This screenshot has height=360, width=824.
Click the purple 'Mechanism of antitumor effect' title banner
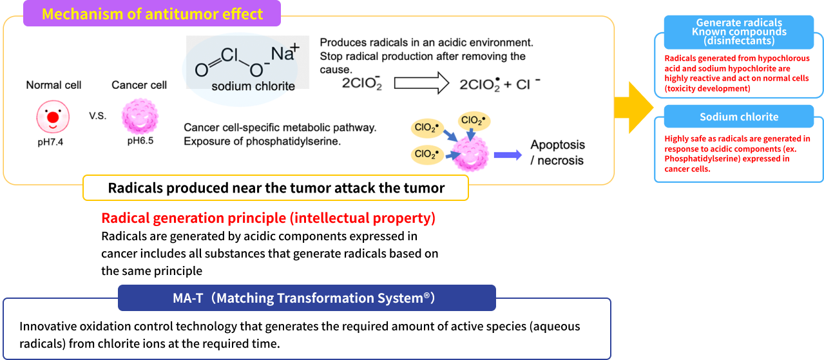[152, 14]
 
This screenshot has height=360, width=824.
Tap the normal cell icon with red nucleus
[53, 117]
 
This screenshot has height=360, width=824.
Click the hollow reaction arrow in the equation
[421, 83]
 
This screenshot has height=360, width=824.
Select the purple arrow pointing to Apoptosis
[508, 155]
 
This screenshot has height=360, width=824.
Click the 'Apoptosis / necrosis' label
[557, 153]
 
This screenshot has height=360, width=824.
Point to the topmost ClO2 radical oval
[474, 120]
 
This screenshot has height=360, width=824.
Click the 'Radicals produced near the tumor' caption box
[276, 188]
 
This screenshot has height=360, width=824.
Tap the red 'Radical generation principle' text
[268, 218]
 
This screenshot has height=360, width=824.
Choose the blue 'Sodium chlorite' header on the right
[738, 117]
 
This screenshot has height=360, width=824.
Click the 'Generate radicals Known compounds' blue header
[738, 32]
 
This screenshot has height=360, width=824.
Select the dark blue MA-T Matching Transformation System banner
[307, 298]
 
